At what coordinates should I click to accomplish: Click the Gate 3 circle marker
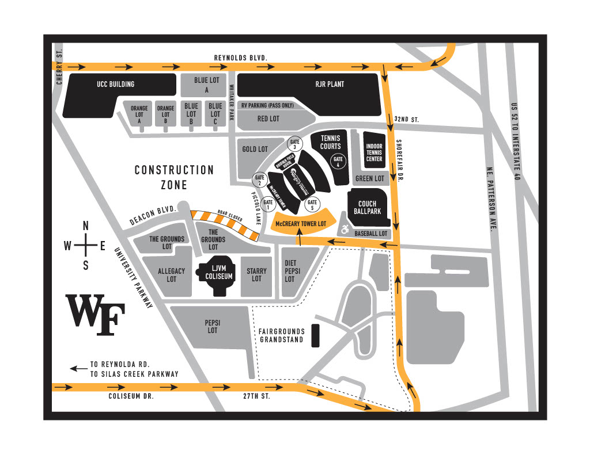(x=296, y=144)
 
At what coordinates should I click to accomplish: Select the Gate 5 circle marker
(x=312, y=202)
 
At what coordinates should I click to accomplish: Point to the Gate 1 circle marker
(x=268, y=202)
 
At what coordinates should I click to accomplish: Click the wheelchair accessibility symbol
(x=345, y=230)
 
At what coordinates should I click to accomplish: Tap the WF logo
(x=95, y=315)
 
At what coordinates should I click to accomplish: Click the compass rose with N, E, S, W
(x=85, y=246)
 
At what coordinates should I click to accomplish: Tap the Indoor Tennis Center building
(x=374, y=151)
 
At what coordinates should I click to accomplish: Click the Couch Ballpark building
(x=367, y=207)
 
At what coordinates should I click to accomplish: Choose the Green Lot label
(x=369, y=179)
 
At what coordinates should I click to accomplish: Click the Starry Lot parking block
(x=256, y=274)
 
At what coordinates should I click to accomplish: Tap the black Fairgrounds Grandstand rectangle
(x=315, y=335)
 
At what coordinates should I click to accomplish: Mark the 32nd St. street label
(x=407, y=118)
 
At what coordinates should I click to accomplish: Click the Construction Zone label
(x=174, y=177)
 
